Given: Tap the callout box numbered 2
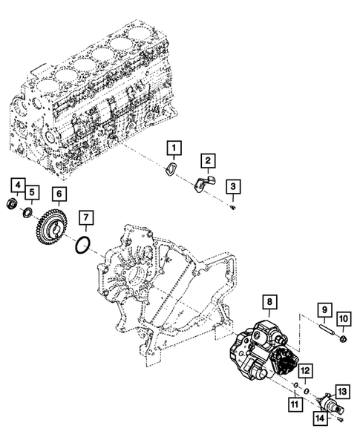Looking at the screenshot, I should point(209,160).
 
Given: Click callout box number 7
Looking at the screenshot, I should point(86,218).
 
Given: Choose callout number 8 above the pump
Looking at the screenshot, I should point(269,303).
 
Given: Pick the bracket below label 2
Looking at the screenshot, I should point(202,182).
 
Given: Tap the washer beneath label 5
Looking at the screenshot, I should point(28,214).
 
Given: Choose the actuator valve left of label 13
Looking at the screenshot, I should point(327,400).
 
